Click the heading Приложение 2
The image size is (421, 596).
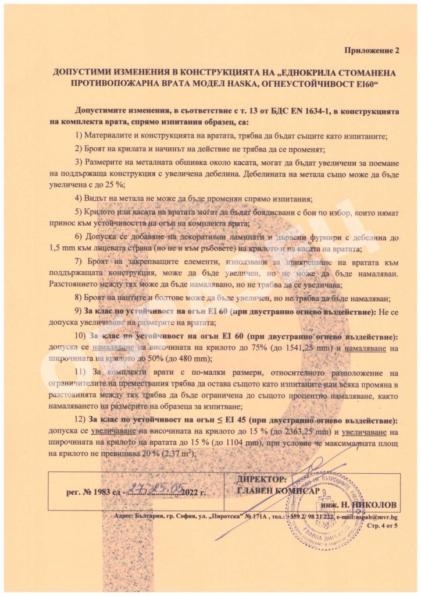click(373, 51)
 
